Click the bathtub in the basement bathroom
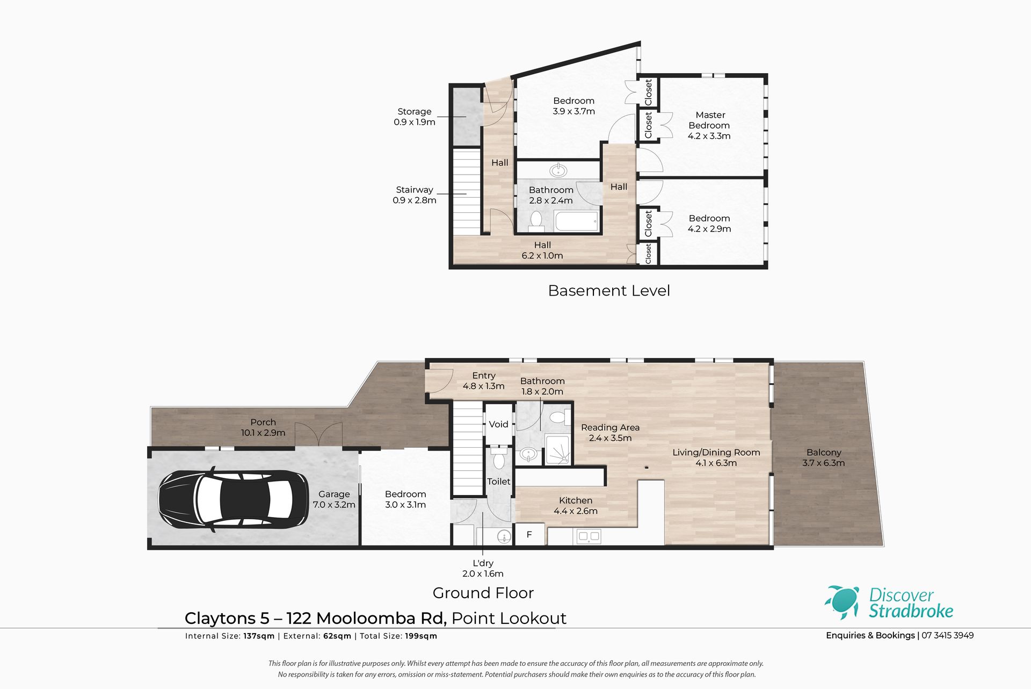(x=576, y=221)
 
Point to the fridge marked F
(x=529, y=535)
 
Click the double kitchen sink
(x=589, y=536)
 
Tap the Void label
(x=498, y=424)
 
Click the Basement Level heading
(x=609, y=291)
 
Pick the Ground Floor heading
(x=483, y=593)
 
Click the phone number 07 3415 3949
(x=948, y=635)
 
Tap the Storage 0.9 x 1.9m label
(x=415, y=117)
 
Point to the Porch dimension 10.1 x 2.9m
(x=263, y=433)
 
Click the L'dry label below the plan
(x=483, y=563)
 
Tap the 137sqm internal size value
(x=259, y=636)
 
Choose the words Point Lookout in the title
(x=509, y=619)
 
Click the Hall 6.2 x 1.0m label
(x=542, y=250)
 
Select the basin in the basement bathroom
(x=558, y=171)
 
